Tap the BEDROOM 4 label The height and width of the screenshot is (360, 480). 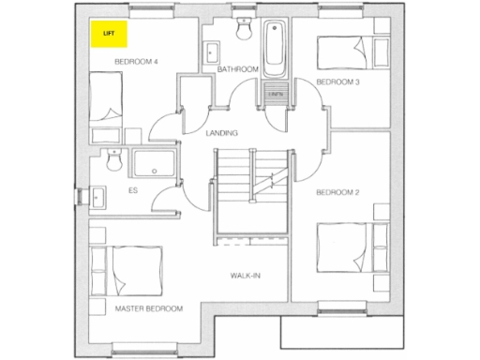[136, 62]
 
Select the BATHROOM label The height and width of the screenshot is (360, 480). [237, 69]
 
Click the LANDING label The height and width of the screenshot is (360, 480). [221, 132]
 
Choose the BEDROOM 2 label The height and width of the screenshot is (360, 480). [338, 192]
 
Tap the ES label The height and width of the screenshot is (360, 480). [132, 190]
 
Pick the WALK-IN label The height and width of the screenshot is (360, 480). [246, 276]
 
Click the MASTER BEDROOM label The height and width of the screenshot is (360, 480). [148, 308]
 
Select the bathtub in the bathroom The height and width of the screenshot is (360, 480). [276, 49]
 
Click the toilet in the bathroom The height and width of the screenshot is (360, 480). [245, 31]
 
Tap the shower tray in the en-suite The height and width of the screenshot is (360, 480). [155, 165]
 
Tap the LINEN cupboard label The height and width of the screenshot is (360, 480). [276, 95]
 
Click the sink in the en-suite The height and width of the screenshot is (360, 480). [98, 198]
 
